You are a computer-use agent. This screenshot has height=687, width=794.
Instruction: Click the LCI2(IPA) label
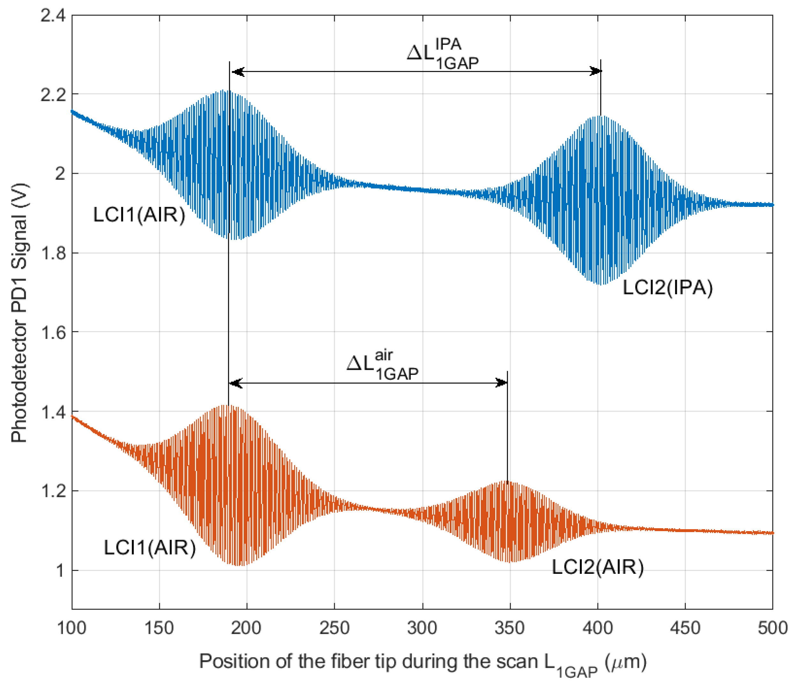pos(667,288)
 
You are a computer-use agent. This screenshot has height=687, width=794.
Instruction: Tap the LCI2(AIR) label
pos(597,567)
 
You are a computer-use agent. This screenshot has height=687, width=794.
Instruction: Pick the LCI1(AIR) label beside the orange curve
pos(150,547)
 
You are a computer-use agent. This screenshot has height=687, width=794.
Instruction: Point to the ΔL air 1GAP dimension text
pos(382,366)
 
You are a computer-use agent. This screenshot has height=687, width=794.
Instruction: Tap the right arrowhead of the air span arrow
pos(502,383)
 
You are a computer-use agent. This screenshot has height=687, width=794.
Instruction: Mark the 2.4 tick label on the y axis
pos(53,16)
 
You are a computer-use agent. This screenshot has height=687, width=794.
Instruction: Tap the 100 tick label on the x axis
pos(72,628)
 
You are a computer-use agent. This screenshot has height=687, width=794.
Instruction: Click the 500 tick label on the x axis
pos(772,628)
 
